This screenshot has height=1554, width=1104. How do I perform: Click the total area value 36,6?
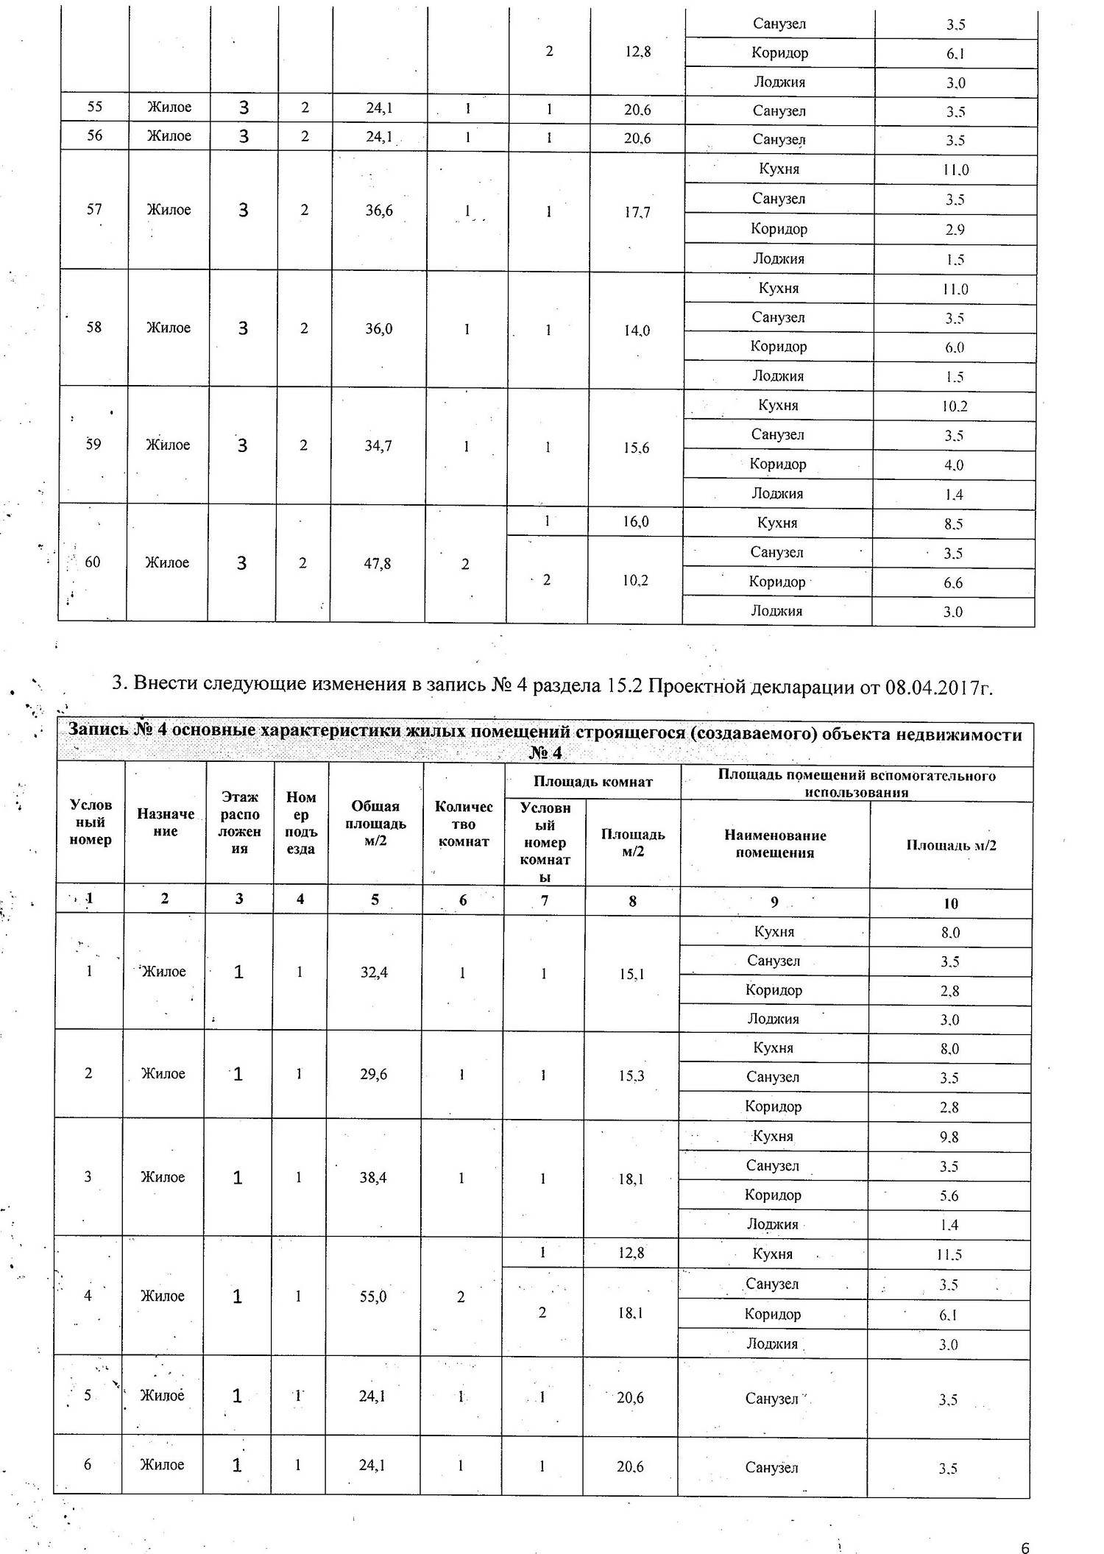(379, 211)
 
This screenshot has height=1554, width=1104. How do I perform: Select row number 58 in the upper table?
(93, 328)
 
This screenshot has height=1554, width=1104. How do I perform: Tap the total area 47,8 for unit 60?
(378, 564)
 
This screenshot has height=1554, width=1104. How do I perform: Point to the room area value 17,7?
(637, 213)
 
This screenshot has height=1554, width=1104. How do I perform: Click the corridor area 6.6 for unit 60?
(953, 583)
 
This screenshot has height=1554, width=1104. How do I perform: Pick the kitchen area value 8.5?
(953, 524)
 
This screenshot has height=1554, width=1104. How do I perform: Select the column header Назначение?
(166, 822)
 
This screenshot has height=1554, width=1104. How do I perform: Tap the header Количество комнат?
(464, 824)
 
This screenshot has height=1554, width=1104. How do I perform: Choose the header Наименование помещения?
(775, 844)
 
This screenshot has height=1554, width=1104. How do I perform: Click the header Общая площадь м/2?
(375, 823)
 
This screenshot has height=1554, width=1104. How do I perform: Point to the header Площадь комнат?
(592, 782)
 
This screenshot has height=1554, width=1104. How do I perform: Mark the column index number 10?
(951, 903)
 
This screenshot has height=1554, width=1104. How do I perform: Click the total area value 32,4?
(374, 972)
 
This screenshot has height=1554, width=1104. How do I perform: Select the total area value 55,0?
(373, 1296)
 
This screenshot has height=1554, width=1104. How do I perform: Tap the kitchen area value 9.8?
(949, 1137)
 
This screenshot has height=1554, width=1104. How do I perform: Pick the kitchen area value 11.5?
(949, 1254)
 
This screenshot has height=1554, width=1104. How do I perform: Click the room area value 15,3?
(631, 1076)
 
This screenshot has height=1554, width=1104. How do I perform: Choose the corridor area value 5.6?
(949, 1195)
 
